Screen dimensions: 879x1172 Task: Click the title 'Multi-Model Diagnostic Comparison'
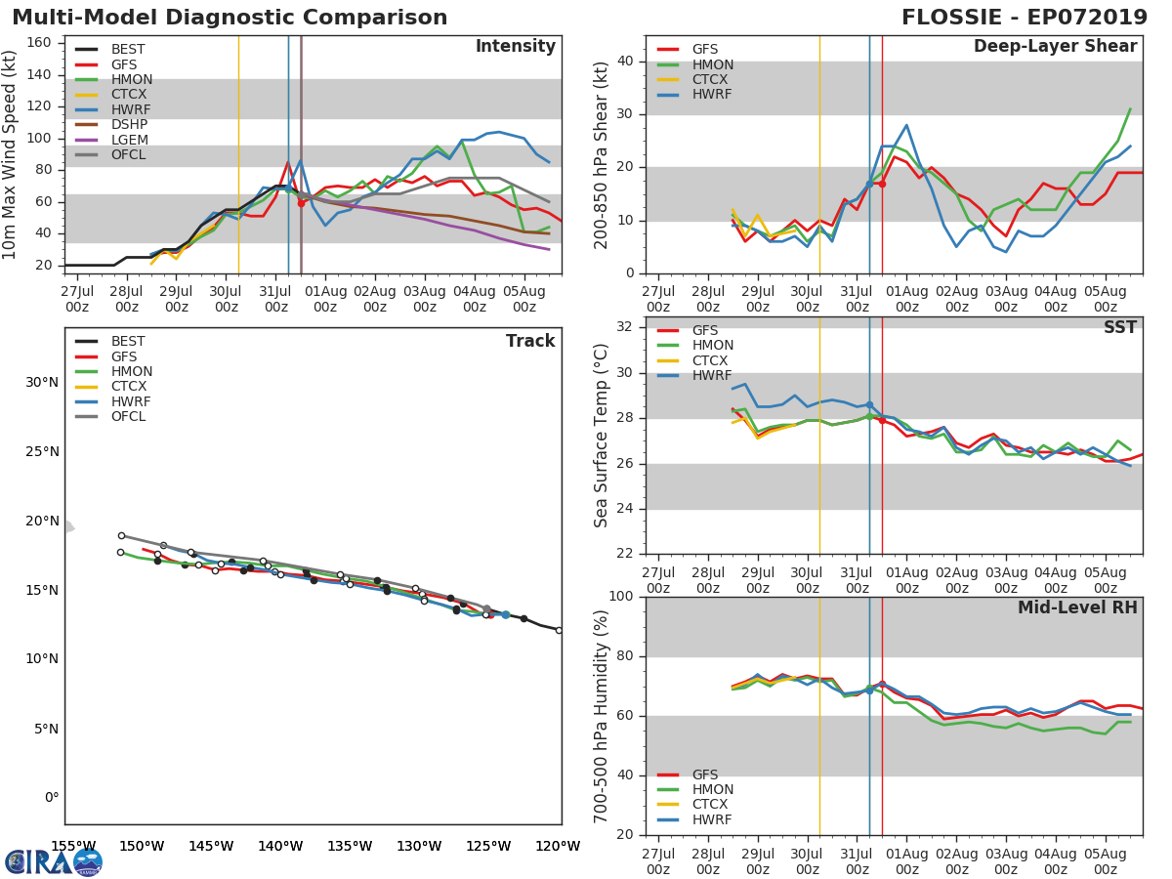pyautogui.click(x=230, y=18)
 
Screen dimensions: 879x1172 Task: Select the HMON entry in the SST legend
pyautogui.click(x=712, y=346)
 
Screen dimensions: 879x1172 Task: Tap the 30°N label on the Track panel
pyautogui.click(x=42, y=382)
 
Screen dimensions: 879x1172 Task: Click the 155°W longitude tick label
pyautogui.click(x=73, y=847)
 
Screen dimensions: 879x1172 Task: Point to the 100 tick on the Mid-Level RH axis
pyautogui.click(x=619, y=597)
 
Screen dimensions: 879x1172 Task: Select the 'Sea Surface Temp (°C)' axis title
pyautogui.click(x=602, y=436)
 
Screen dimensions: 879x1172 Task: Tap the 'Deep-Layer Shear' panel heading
pyautogui.click(x=1055, y=47)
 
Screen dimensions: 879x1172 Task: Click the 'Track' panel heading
pyautogui.click(x=529, y=341)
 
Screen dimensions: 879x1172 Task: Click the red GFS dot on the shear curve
pyautogui.click(x=882, y=184)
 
